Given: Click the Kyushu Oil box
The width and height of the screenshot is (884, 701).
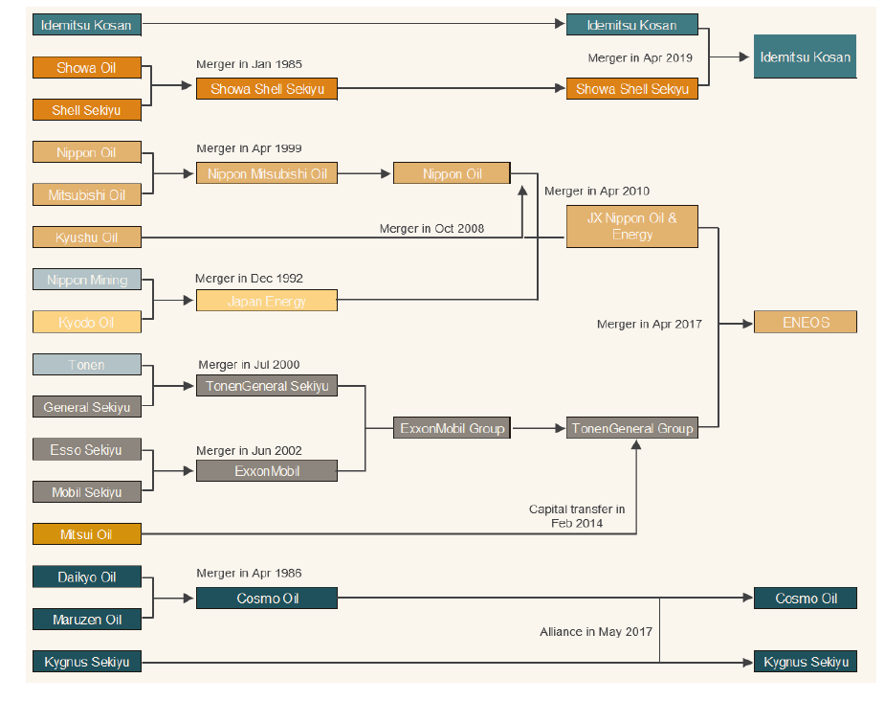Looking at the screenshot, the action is click(x=87, y=237).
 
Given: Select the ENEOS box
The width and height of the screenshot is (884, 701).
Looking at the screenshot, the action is click(x=806, y=323).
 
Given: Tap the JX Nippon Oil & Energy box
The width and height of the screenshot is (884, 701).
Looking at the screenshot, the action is click(x=632, y=226).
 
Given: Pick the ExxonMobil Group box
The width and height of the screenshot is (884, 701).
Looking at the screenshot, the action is click(x=452, y=428).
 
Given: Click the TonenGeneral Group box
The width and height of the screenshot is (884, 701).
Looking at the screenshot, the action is click(x=632, y=428).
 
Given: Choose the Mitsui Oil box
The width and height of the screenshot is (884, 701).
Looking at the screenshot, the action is click(x=87, y=534).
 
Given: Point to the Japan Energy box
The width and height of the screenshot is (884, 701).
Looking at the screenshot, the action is click(x=267, y=301).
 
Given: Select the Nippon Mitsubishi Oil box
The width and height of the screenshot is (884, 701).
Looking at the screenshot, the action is click(x=267, y=173).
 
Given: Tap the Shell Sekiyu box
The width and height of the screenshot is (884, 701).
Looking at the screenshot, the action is click(x=87, y=110).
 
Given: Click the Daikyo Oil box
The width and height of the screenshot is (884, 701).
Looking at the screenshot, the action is click(x=87, y=577).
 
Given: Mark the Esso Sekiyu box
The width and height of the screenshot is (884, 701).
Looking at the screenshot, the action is click(x=87, y=449).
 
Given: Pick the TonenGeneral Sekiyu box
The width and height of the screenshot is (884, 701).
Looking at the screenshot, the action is click(x=267, y=386).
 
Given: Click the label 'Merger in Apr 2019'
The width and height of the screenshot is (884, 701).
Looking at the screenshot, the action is click(x=640, y=57).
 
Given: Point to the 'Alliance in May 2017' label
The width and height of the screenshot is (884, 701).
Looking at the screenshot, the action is click(x=596, y=632).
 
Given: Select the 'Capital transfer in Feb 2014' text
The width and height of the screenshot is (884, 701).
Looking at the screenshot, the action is click(x=577, y=516).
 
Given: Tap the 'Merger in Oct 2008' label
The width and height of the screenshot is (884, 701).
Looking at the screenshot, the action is click(x=431, y=229).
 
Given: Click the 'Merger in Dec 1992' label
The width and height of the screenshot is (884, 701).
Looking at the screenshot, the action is click(x=249, y=279).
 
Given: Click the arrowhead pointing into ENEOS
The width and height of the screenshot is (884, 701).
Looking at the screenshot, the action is click(x=748, y=324).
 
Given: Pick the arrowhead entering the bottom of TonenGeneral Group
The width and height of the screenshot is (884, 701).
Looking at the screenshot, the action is click(x=636, y=444).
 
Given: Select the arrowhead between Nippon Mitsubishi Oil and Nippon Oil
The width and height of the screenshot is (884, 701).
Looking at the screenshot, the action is click(x=387, y=174).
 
